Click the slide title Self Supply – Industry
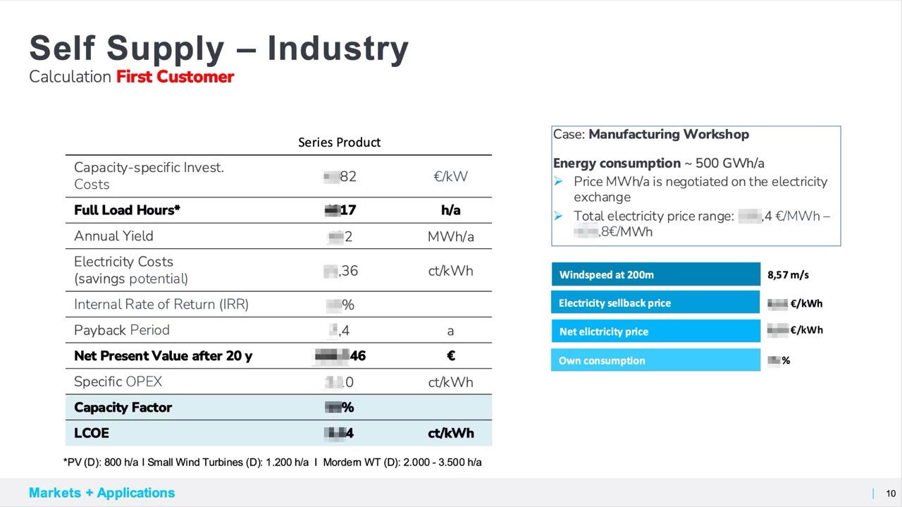pyautogui.click(x=218, y=48)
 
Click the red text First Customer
pyautogui.click(x=175, y=77)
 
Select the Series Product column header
pyautogui.click(x=339, y=142)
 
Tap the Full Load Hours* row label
pyautogui.click(x=127, y=210)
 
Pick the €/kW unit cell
pyautogui.click(x=450, y=176)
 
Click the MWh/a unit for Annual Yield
pyautogui.click(x=450, y=236)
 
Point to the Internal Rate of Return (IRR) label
pyautogui.click(x=161, y=305)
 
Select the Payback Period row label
pyautogui.click(x=122, y=330)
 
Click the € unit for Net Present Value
pyautogui.click(x=451, y=356)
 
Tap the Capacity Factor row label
pyautogui.click(x=123, y=408)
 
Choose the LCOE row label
pyautogui.click(x=92, y=433)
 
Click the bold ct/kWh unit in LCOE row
pyautogui.click(x=450, y=433)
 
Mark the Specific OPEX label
pyautogui.click(x=118, y=382)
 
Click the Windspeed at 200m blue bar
pyautogui.click(x=655, y=274)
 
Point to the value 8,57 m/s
pyautogui.click(x=788, y=275)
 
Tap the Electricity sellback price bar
pyautogui.click(x=655, y=303)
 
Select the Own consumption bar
pyautogui.click(x=655, y=360)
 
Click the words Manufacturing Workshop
pyautogui.click(x=669, y=134)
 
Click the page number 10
pyautogui.click(x=891, y=494)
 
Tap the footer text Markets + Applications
pyautogui.click(x=101, y=493)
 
